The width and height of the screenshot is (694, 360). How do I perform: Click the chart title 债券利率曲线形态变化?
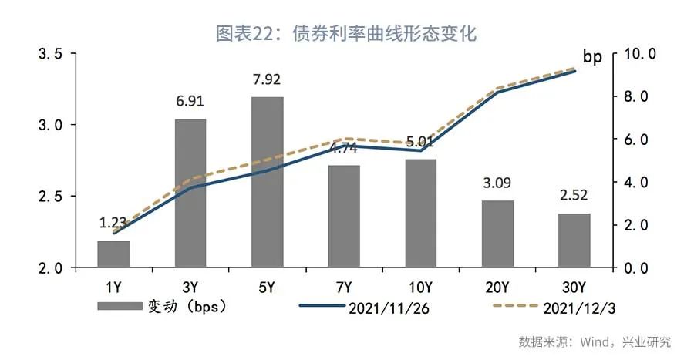[x=346, y=34]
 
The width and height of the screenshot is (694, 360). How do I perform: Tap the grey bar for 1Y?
[x=113, y=254]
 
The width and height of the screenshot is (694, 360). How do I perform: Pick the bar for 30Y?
[x=574, y=241]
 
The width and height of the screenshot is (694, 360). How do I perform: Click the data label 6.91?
[x=190, y=102]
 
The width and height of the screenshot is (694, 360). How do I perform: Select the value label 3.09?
[x=497, y=184]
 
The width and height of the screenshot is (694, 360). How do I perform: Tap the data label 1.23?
[x=113, y=224]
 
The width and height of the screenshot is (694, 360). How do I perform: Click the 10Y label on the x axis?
[x=420, y=288]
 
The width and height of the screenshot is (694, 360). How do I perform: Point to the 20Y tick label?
[x=497, y=288]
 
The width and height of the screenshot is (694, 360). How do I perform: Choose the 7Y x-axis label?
[x=344, y=288]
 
